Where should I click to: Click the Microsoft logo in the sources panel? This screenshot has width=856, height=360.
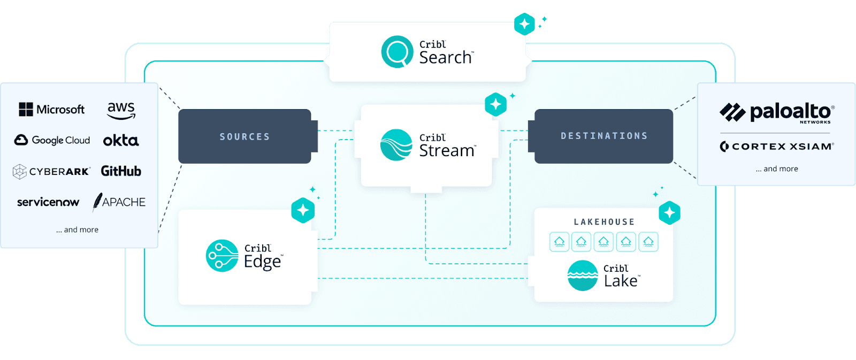point(52,110)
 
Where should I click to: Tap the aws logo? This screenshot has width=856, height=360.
point(121,110)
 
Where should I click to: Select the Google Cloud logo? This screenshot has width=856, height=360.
point(52,140)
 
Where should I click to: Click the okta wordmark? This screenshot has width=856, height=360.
point(121,141)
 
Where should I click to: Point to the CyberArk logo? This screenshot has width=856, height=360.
point(51,171)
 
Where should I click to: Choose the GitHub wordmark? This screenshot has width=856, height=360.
point(121,171)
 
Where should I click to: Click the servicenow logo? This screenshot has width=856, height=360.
point(48,202)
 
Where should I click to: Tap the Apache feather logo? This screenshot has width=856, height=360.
point(119,202)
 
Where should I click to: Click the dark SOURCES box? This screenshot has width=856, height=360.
point(244,136)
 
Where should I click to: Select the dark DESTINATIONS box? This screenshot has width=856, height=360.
point(604,136)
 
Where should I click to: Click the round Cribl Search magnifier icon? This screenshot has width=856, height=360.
point(397,52)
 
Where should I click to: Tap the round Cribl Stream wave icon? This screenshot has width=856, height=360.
point(396,145)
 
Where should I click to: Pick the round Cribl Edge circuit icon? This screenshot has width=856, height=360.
point(222,256)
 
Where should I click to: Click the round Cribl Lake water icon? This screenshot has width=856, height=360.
point(583,275)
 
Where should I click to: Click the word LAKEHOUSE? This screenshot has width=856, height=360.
point(604,222)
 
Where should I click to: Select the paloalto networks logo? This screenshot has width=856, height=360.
point(777,112)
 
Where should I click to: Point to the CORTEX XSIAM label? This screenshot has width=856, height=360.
point(777,147)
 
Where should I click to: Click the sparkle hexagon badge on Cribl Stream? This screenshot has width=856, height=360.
point(495,104)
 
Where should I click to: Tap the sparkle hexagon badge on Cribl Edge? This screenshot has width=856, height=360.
point(303,210)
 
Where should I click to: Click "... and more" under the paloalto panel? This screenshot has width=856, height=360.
point(777,169)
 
